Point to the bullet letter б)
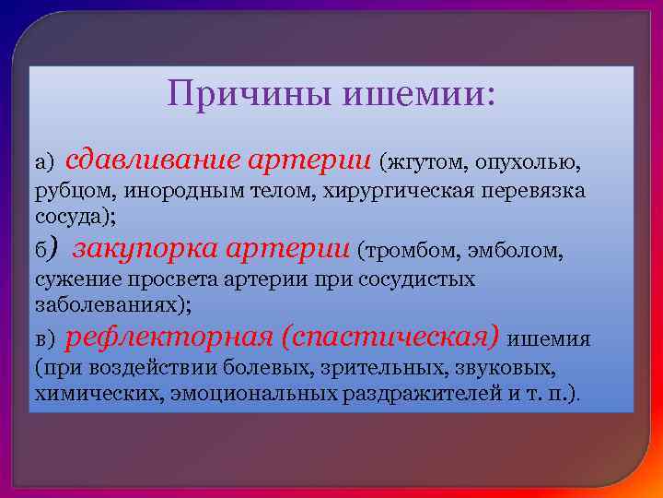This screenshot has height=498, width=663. tap(47, 250)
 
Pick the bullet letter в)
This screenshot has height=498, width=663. tap(45, 339)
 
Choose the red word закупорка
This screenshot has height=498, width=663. tap(144, 248)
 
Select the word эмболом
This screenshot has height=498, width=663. tap(520, 251)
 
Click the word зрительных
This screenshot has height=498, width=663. tap(376, 369)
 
